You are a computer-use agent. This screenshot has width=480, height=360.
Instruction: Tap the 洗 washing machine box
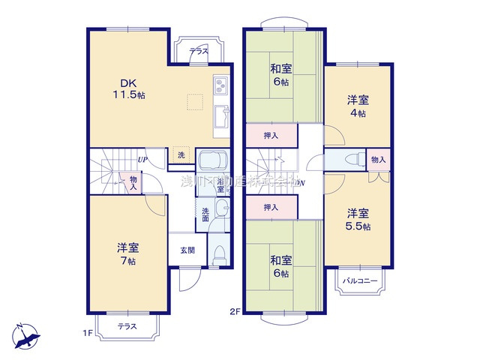click(181, 155)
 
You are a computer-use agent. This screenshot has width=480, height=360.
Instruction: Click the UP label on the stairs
click(142, 160)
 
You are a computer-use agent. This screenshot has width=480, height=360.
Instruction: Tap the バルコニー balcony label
click(361, 282)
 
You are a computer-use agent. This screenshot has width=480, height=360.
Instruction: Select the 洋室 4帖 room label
click(357, 106)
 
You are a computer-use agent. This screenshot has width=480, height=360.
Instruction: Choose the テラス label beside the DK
click(199, 52)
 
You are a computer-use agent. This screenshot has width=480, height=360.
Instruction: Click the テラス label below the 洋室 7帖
click(128, 327)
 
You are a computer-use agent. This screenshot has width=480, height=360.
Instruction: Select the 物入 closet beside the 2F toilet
click(379, 160)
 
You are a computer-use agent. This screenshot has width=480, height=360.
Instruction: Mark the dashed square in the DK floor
click(195, 102)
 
